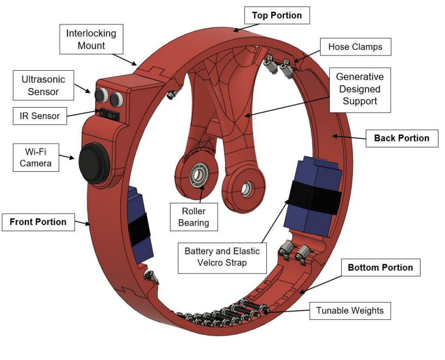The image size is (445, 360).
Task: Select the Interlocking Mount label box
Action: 91,40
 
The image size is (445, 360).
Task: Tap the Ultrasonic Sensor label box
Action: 43,86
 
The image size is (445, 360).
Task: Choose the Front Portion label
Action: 38,222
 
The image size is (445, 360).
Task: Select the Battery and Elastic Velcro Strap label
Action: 222,257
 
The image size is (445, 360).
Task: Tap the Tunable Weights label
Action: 350,311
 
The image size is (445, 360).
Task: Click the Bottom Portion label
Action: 380,268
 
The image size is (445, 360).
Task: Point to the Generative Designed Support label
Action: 360,89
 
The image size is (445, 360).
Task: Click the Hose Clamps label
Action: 355,47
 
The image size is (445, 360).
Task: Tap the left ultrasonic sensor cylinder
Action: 102,95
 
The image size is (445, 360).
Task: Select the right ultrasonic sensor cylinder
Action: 116,98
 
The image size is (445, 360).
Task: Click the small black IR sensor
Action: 107,113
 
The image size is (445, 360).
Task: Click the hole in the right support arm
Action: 246,188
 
